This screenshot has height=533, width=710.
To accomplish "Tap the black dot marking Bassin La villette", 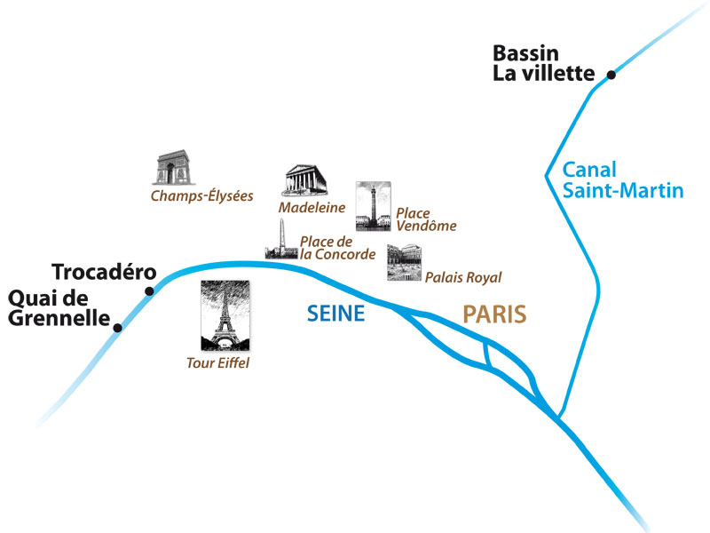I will (x=611, y=75).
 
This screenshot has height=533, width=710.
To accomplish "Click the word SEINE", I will (x=335, y=314).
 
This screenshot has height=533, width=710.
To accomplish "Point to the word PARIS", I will (x=494, y=314).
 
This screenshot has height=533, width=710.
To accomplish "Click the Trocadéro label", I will (x=104, y=271).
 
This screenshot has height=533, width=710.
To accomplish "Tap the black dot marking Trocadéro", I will (x=149, y=290).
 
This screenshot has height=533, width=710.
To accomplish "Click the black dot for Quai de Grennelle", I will (x=117, y=327).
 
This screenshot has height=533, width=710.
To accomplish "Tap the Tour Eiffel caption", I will (x=218, y=362).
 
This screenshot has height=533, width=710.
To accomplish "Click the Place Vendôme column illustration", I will (x=372, y=206).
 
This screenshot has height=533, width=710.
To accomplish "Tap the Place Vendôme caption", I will (x=425, y=219).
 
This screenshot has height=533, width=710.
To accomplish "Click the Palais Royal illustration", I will (x=404, y=263).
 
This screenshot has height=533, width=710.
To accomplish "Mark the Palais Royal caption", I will (x=463, y=278).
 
